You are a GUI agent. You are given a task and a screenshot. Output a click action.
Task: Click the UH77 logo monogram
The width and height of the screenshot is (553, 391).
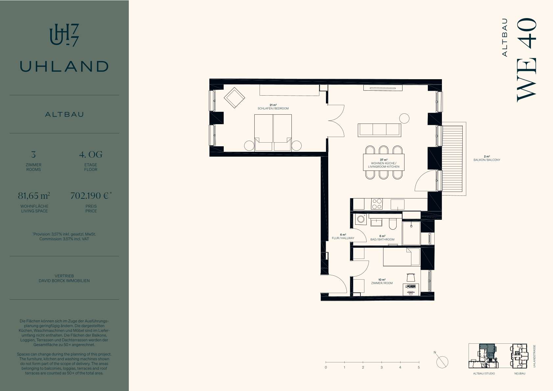64,35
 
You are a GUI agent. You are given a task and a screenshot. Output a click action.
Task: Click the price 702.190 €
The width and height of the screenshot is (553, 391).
91,195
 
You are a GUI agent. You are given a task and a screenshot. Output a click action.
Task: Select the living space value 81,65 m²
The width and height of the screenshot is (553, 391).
34,195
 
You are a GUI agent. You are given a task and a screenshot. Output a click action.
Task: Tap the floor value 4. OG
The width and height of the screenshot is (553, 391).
91,154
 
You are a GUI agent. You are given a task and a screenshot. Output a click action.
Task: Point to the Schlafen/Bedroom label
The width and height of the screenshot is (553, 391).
273,108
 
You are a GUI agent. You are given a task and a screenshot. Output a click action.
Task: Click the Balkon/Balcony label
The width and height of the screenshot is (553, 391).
487,160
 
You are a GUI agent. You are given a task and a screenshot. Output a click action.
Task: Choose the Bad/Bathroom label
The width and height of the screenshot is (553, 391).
382,240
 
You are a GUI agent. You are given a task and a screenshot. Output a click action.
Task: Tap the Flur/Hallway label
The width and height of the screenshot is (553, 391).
343,238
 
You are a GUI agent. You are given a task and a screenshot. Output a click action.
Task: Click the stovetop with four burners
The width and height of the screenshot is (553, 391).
377,204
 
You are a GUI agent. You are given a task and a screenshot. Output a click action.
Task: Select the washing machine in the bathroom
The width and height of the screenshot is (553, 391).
361,219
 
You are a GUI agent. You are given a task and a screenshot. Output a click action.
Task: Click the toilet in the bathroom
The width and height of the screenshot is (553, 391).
393,223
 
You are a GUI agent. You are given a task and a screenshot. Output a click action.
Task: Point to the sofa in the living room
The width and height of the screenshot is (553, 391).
380,130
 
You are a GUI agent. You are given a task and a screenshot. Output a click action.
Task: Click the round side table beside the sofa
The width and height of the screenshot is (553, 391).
404,118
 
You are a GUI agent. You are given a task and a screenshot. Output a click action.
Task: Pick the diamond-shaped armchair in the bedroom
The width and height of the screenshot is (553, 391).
234,98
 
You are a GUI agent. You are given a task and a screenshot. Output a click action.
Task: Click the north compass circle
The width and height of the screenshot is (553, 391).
442,362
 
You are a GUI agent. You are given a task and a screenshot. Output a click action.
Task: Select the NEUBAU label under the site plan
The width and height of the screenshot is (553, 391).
520,374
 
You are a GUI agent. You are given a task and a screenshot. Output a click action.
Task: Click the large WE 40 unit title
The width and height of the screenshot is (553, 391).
527,60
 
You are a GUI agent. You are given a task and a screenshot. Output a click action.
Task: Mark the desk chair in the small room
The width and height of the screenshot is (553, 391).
410,277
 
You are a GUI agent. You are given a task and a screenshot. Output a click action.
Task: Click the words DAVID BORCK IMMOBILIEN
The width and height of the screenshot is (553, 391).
64,281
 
